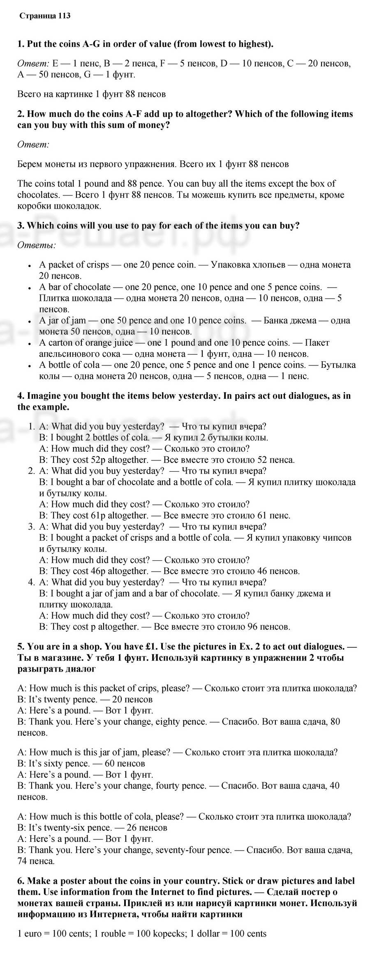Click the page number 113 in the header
64,16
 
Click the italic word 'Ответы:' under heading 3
37,245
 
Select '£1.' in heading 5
153,646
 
